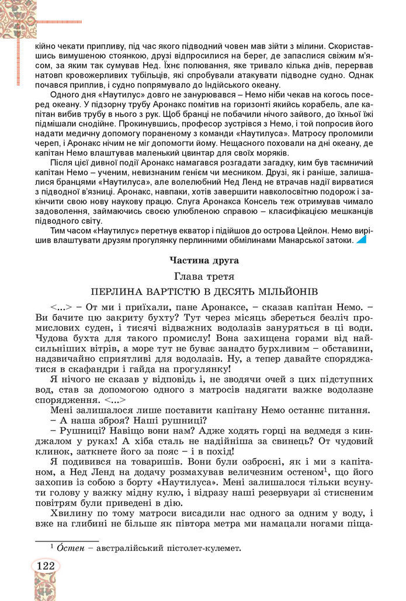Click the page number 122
point(46,565)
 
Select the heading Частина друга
point(203,260)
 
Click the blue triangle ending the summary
point(362,239)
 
